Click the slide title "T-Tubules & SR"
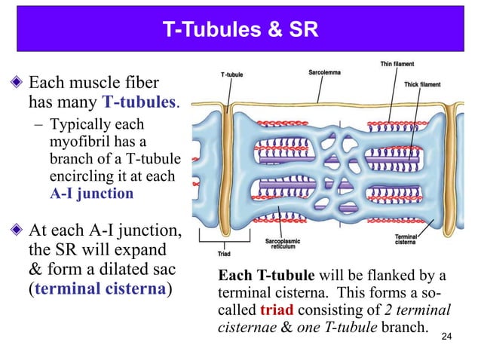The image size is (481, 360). (x=240, y=31)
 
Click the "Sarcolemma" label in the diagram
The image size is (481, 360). (x=326, y=73)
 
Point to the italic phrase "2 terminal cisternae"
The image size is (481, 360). (x=400, y=310)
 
